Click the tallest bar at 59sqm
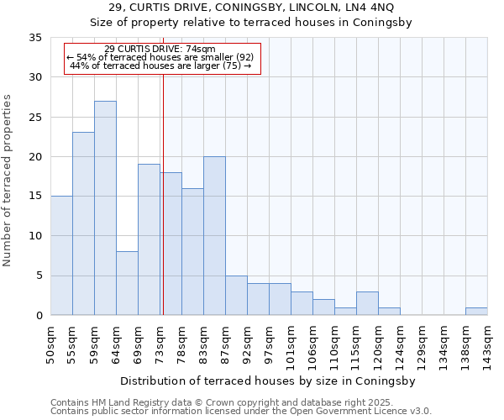tap(105, 208)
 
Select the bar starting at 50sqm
tap(61, 255)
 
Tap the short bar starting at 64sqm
tap(127, 283)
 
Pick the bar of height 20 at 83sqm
tap(214, 236)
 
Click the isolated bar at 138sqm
tap(476, 312)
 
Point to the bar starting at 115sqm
tap(367, 303)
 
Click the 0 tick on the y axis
tap(39, 316)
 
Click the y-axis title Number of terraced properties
tap(8, 181)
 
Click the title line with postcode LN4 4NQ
tap(251, 8)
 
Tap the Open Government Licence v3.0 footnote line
tap(240, 412)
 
